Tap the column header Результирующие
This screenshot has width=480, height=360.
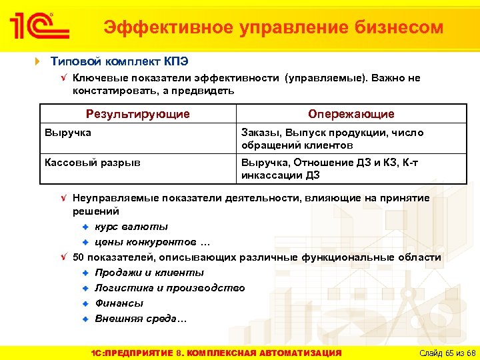click(x=137, y=114)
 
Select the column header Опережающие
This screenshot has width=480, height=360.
click(x=351, y=114)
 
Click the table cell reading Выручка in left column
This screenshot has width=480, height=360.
click(x=67, y=133)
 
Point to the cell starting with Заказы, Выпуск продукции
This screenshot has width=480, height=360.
click(x=332, y=139)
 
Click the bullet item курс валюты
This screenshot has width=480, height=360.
click(x=131, y=227)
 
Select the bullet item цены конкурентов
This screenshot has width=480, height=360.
click(x=152, y=241)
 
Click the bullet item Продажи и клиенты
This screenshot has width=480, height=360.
click(x=149, y=273)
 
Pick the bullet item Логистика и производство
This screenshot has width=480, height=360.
click(x=169, y=288)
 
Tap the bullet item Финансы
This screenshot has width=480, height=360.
click(x=119, y=303)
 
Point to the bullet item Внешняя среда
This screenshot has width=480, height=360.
click(x=141, y=319)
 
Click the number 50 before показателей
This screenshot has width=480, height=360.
click(x=78, y=257)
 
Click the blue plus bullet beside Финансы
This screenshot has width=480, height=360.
click(x=85, y=303)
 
